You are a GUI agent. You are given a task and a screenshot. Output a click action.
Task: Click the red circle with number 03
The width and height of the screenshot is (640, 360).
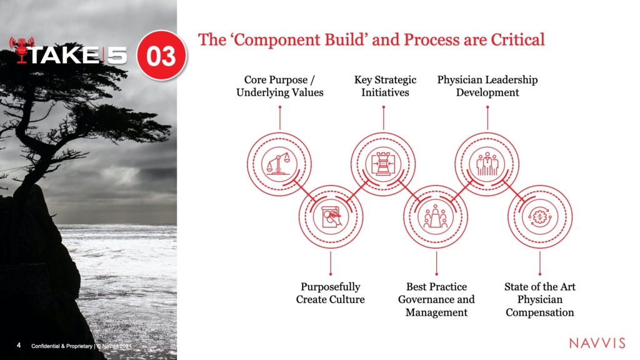click(x=162, y=55)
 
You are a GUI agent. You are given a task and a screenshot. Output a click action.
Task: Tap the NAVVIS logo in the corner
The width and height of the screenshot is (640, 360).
click(x=597, y=343)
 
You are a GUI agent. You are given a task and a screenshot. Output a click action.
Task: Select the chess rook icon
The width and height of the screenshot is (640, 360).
click(x=383, y=164)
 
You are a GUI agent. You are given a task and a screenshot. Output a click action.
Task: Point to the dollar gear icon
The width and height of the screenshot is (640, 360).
click(x=539, y=217)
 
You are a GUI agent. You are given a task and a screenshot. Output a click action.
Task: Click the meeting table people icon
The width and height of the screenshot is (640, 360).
click(x=436, y=217)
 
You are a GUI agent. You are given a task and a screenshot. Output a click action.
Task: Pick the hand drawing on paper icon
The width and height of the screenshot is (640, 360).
click(x=331, y=217)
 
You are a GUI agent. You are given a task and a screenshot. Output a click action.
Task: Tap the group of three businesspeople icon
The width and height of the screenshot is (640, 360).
click(x=487, y=164)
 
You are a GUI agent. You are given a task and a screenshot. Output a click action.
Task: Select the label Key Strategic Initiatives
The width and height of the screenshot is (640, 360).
click(x=385, y=86)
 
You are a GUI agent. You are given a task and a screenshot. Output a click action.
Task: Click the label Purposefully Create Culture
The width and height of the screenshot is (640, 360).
click(x=330, y=293)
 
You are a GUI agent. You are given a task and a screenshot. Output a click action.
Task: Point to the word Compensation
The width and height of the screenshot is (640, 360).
click(x=539, y=312)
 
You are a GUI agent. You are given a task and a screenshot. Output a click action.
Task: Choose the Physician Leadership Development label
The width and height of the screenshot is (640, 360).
click(x=487, y=86)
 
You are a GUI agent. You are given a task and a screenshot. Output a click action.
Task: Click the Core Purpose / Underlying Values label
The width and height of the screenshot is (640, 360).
click(x=279, y=86)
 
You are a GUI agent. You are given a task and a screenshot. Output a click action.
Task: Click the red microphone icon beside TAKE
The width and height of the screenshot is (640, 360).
click(x=22, y=50)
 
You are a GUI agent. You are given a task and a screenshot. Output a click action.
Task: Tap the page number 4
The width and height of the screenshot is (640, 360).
click(x=19, y=345)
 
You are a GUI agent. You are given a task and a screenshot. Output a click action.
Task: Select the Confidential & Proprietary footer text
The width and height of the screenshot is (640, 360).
click(x=62, y=346)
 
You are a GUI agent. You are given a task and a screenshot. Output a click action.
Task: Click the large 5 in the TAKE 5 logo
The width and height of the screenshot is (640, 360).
click(x=117, y=55)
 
